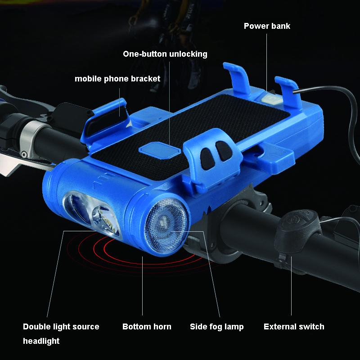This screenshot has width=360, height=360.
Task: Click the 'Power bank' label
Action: (x=267, y=26)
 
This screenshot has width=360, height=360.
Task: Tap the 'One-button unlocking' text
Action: (x=165, y=54)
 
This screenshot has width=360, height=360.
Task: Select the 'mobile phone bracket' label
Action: (x=117, y=79)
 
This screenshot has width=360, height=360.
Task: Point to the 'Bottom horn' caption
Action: (x=147, y=327)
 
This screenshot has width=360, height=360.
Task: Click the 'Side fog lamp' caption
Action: (x=217, y=327)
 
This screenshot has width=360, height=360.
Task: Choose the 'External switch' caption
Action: (x=294, y=327)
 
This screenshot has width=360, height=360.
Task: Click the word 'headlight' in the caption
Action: (x=41, y=341)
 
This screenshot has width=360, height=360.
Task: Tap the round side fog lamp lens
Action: (x=166, y=226)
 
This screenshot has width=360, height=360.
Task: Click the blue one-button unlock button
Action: (x=160, y=150)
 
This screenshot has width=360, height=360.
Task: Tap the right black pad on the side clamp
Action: (x=224, y=151)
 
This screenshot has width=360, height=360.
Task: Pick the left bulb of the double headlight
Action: (x=77, y=208)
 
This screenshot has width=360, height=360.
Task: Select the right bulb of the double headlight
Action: (x=105, y=220)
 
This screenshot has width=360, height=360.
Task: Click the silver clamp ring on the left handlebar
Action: (x=31, y=140)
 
